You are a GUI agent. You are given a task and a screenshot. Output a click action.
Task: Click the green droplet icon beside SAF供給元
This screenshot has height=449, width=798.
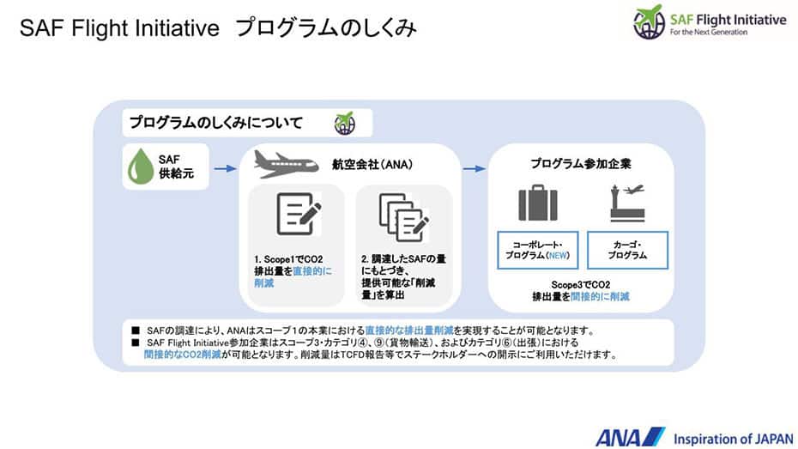pyautogui.click(x=141, y=167)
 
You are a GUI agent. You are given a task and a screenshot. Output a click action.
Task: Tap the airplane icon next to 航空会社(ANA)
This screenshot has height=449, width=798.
pyautogui.click(x=286, y=164)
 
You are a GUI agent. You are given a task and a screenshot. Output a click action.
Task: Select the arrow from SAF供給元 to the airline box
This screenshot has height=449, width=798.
pyautogui.click(x=225, y=168)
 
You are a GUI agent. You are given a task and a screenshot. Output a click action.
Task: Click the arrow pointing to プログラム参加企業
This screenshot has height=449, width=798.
pyautogui.click(x=475, y=168)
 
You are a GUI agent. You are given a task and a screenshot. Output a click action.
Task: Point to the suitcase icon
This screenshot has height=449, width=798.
pyautogui.click(x=538, y=203)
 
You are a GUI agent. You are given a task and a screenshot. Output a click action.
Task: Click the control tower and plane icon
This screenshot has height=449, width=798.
pyautogui.click(x=627, y=203)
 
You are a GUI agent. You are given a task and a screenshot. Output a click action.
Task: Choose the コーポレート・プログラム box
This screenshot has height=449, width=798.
pyautogui.click(x=537, y=251)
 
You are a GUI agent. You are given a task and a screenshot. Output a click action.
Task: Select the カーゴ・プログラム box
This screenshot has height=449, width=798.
pyautogui.click(x=627, y=251)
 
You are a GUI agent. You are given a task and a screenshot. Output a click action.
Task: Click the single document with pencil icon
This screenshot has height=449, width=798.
pyautogui.click(x=299, y=214)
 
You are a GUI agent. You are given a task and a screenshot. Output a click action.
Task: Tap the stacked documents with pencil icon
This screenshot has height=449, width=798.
pyautogui.click(x=404, y=217)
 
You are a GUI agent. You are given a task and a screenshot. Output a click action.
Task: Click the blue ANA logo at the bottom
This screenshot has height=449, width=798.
pyautogui.click(x=630, y=437)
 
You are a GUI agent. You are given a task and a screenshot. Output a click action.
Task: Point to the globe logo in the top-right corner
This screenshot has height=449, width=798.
pyautogui.click(x=650, y=21)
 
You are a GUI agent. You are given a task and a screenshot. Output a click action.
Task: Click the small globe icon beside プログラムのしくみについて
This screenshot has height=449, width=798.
pyautogui.click(x=345, y=123)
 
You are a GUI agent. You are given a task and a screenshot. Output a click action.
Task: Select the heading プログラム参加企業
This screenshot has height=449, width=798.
pyautogui.click(x=581, y=164)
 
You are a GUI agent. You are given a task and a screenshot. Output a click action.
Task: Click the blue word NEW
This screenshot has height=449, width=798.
pyautogui.click(x=558, y=256)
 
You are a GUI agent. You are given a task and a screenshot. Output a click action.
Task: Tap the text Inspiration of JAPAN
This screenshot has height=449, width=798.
pyautogui.click(x=734, y=439)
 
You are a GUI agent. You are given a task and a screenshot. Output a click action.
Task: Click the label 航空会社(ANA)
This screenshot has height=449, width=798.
pyautogui.click(x=372, y=165)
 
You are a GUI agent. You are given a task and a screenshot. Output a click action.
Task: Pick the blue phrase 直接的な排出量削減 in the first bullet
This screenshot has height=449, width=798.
pyautogui.click(x=409, y=331)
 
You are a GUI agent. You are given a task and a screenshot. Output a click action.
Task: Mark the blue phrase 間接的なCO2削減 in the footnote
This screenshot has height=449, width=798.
pyautogui.click(x=182, y=355)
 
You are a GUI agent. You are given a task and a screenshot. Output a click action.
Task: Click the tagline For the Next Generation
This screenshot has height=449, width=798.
pyautogui.click(x=709, y=32)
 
